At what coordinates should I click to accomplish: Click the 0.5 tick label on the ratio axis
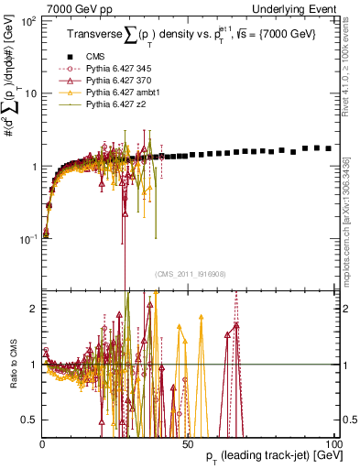pos(28,420)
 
